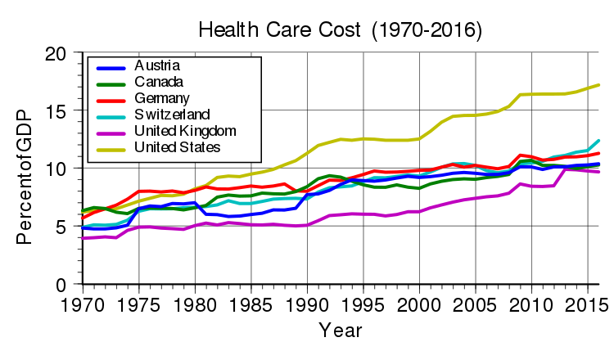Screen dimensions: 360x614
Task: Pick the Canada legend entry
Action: pyautogui.click(x=158, y=82)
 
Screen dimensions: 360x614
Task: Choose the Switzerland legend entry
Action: pyautogui.click(x=172, y=115)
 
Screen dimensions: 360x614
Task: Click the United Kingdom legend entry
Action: pyautogui.click(x=185, y=131)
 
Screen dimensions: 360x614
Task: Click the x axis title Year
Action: pyautogui.click(x=336, y=331)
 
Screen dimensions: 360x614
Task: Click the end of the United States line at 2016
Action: pyautogui.click(x=599, y=85)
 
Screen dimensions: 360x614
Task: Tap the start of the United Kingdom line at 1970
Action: pyautogui.click(x=83, y=238)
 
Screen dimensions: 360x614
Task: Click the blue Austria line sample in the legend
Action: pyautogui.click(x=111, y=66)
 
